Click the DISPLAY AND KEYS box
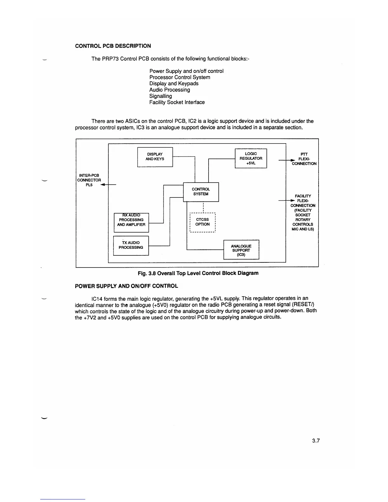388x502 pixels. pyautogui.click(x=155, y=157)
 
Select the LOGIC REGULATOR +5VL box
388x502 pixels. pyautogui.click(x=251, y=158)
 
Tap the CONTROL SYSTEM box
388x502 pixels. pyautogui.click(x=201, y=192)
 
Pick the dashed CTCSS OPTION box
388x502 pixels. pyautogui.click(x=202, y=222)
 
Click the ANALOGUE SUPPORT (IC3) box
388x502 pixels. pyautogui.click(x=241, y=250)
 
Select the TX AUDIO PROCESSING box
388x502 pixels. pyautogui.click(x=131, y=245)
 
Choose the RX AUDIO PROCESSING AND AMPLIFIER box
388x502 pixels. pyautogui.click(x=131, y=222)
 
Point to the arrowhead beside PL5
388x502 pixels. pyautogui.click(x=103, y=185)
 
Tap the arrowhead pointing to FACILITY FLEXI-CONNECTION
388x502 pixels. pyautogui.click(x=290, y=201)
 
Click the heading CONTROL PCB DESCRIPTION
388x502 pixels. pyautogui.click(x=113, y=46)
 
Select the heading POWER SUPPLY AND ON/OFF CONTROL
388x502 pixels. pyautogui.click(x=126, y=286)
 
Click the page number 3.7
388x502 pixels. pyautogui.click(x=316, y=441)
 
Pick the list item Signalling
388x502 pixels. pyautogui.click(x=161, y=96)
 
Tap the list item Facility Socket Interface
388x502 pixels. pyautogui.click(x=177, y=102)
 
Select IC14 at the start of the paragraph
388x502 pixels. pyautogui.click(x=97, y=299)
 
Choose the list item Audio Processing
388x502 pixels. pyautogui.click(x=170, y=90)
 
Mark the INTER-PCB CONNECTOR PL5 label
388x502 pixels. pyautogui.click(x=89, y=180)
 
